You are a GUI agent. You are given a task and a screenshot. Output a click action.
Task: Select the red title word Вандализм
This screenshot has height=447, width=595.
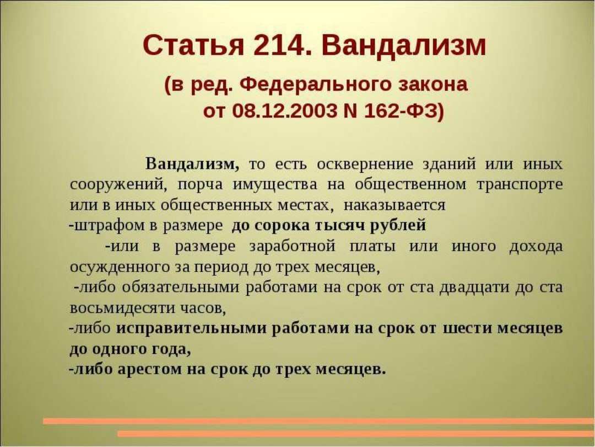(404, 46)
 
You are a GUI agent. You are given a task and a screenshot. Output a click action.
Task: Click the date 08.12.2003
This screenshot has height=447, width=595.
(285, 111)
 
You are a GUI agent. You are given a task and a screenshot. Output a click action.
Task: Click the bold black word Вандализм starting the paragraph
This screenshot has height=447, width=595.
(192, 164)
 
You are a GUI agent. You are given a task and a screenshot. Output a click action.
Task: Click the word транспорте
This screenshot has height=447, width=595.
(520, 185)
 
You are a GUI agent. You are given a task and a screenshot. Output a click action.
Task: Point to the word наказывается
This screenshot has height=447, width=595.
(394, 205)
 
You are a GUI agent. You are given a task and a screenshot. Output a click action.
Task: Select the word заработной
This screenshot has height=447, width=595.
(293, 246)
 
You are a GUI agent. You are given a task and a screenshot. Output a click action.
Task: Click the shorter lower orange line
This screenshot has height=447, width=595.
(356, 434)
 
